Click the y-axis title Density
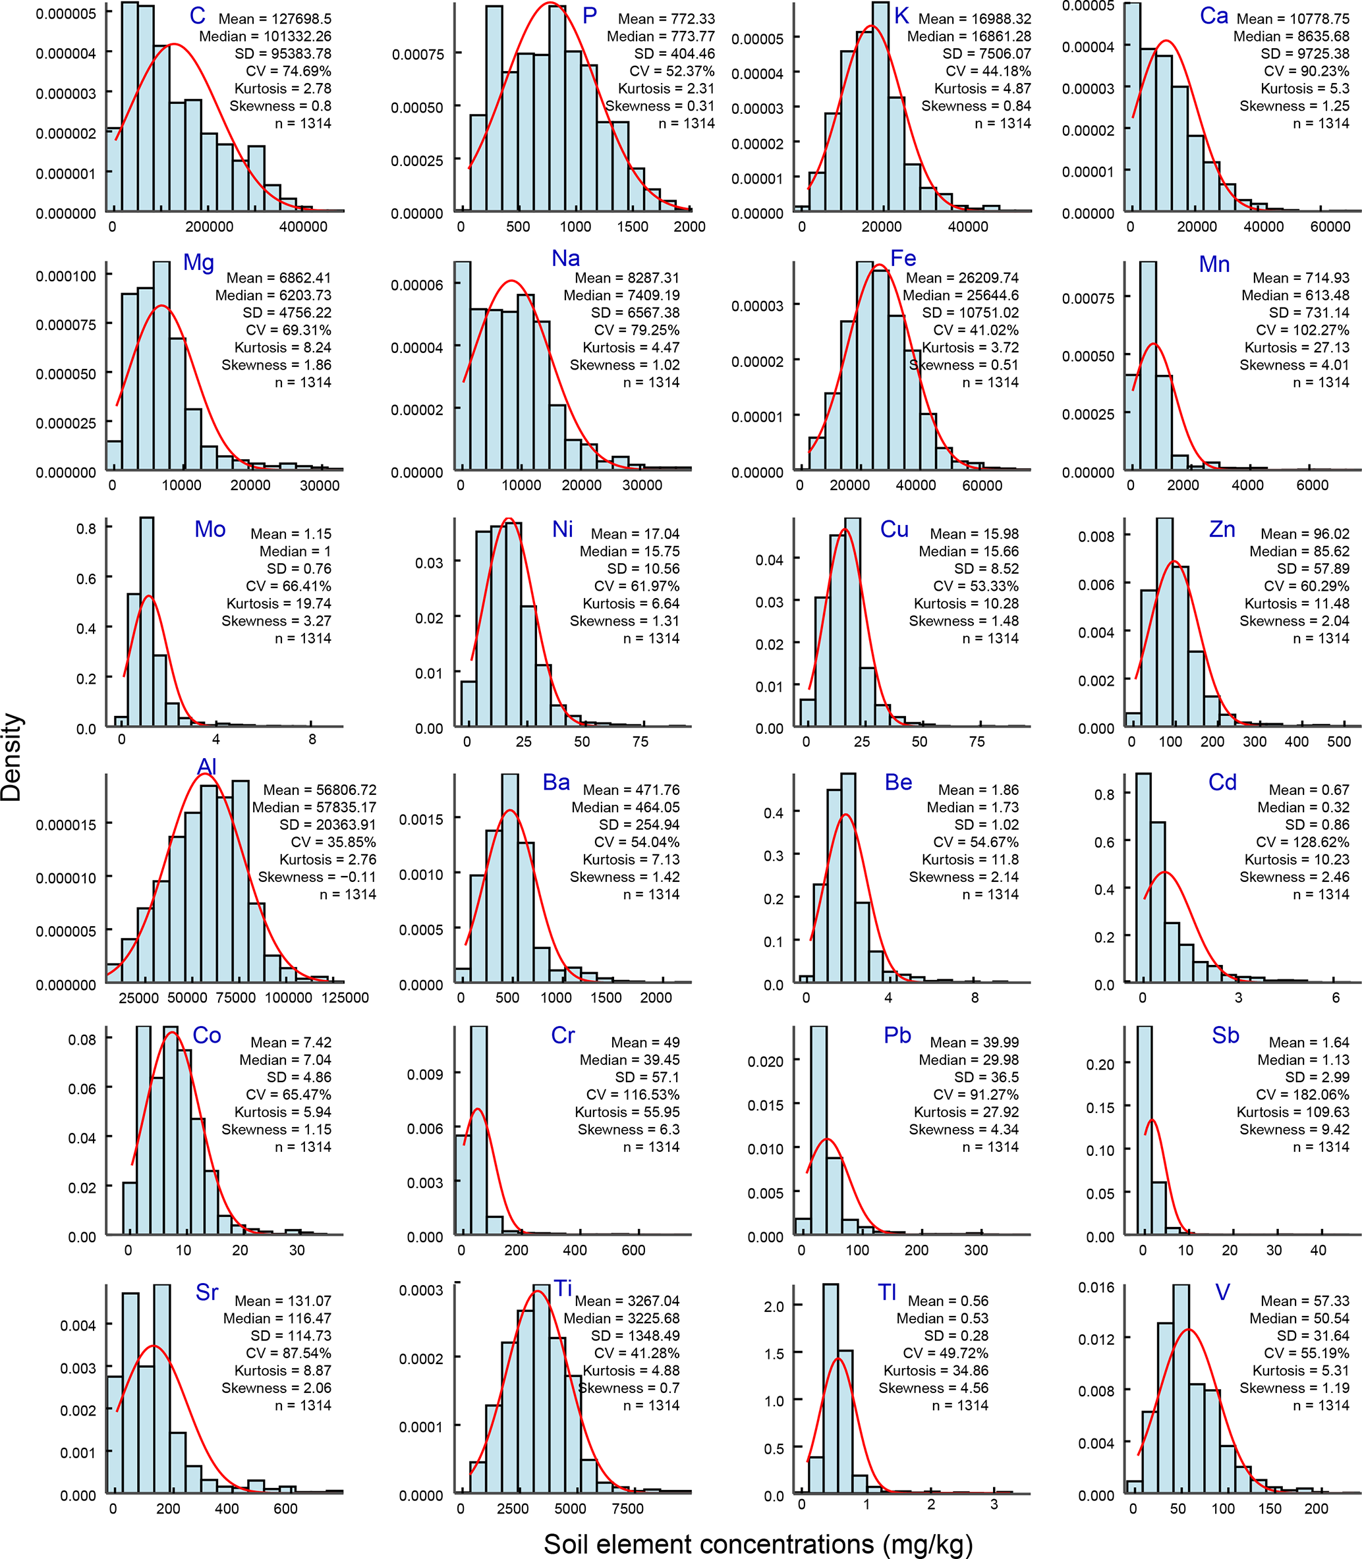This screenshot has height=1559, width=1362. (x=12, y=757)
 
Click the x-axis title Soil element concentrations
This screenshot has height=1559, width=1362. (x=757, y=1543)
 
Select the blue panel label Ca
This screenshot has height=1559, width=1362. (x=1214, y=16)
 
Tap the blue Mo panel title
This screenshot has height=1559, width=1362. (x=210, y=530)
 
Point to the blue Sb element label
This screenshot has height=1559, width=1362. (x=1225, y=1035)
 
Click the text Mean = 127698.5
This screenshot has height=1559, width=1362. (x=275, y=19)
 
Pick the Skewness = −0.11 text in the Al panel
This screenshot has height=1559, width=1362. (x=317, y=877)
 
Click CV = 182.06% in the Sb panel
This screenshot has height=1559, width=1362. (x=1303, y=1095)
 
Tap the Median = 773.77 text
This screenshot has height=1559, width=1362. (x=660, y=36)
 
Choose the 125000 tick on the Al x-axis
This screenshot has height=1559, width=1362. (x=345, y=998)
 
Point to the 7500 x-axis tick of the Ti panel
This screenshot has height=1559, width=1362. (x=627, y=1509)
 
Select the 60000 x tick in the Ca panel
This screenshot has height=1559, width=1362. (x=1330, y=227)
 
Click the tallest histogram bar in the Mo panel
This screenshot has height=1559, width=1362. (x=147, y=623)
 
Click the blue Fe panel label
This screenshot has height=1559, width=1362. (x=903, y=259)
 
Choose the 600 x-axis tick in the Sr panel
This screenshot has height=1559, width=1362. (x=286, y=1509)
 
